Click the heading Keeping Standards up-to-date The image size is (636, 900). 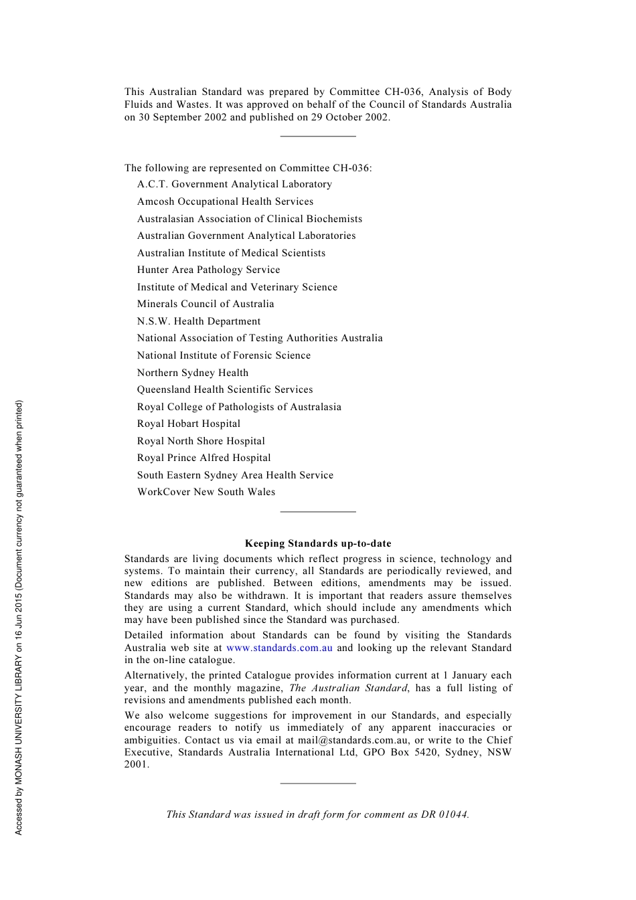318,543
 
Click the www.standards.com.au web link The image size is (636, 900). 279,648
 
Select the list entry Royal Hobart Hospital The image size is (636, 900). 189,424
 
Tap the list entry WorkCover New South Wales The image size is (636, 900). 206,492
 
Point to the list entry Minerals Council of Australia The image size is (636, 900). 206,304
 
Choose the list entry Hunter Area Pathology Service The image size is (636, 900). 209,270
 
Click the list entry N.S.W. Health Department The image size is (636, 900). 199,321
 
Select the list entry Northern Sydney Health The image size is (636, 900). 193,373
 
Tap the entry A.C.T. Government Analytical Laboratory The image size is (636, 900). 234,184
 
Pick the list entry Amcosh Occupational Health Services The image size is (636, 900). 225,201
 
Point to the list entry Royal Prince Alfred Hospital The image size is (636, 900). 204,458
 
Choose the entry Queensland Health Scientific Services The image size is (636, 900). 225,389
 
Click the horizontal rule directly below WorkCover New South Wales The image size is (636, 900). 318,511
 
